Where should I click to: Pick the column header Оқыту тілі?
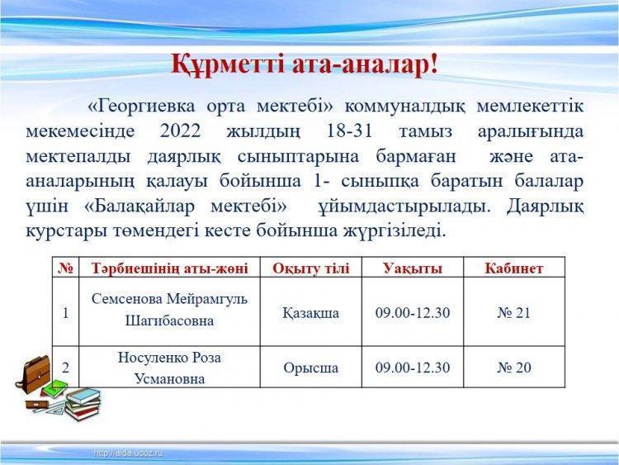(x=310, y=268)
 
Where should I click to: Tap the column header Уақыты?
(x=413, y=268)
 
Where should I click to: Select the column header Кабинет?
(x=514, y=268)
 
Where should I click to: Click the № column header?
(x=65, y=268)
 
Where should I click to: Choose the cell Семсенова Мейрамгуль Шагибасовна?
(x=169, y=310)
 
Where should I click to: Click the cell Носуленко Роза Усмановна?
(x=169, y=367)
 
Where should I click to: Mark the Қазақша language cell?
(x=310, y=313)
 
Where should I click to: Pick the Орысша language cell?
(x=310, y=368)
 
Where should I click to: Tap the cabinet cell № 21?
(x=514, y=313)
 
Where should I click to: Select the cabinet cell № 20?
(x=514, y=368)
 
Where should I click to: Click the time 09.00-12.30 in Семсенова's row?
(x=413, y=313)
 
